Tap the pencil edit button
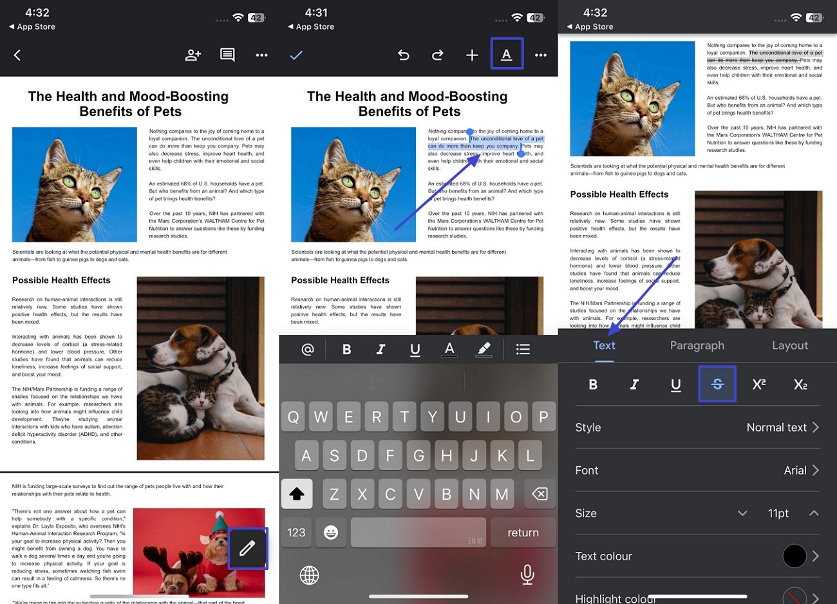click(x=247, y=548)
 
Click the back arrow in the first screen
click(x=17, y=55)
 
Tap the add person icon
click(x=193, y=55)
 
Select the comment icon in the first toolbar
click(x=227, y=55)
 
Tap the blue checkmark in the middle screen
click(x=296, y=55)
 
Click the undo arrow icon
click(x=404, y=55)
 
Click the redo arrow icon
click(x=438, y=55)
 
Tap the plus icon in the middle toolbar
click(x=472, y=55)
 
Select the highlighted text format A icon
click(x=507, y=54)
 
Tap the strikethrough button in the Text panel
click(x=717, y=384)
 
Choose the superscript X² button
click(x=759, y=384)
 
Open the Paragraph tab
click(x=697, y=346)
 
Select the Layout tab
click(x=790, y=346)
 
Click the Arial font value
click(x=795, y=471)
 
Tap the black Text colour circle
click(x=795, y=556)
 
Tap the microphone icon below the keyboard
click(x=527, y=574)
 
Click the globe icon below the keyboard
click(x=310, y=575)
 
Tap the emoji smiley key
click(x=331, y=533)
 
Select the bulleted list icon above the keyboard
click(x=523, y=349)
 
